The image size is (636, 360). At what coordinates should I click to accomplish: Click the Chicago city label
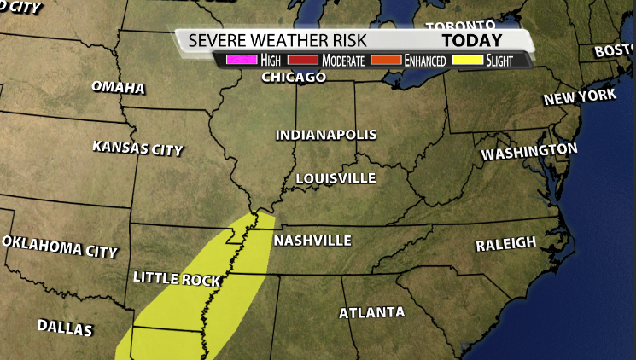[293, 78]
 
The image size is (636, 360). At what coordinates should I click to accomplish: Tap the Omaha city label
[118, 88]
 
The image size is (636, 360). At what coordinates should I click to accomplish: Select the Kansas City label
[137, 148]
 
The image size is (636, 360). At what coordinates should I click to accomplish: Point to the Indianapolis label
[325, 135]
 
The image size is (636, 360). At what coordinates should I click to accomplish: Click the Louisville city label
[335, 177]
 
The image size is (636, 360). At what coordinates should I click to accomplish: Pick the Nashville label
[312, 241]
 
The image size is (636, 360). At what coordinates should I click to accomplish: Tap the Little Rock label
[177, 279]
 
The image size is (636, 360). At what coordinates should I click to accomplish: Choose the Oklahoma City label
[59, 247]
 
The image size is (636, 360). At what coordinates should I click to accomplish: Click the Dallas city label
[65, 326]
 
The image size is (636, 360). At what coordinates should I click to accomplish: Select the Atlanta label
[371, 312]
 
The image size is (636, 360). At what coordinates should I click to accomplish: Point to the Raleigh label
[506, 244]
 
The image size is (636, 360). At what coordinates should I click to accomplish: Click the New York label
[580, 96]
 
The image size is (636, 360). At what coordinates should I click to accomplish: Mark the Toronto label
[461, 26]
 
